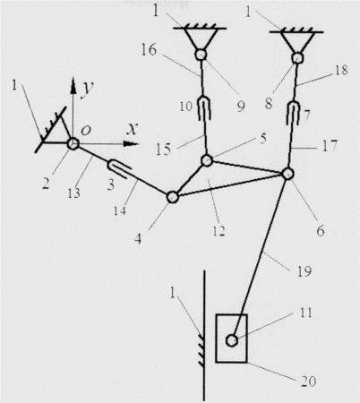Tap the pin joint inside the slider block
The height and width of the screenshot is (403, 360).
point(232,340)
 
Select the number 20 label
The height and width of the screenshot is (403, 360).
point(308,382)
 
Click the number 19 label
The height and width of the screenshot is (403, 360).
point(304,271)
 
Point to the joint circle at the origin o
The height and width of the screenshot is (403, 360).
point(73,144)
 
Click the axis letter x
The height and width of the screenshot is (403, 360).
point(132,129)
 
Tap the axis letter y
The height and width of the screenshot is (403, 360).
point(88,88)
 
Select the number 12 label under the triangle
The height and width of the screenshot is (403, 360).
point(219,231)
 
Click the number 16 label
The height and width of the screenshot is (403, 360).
point(149,50)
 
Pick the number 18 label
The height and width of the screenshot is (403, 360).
point(341,70)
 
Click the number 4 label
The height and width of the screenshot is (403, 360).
point(138,239)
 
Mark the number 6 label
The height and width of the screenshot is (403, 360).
point(321,231)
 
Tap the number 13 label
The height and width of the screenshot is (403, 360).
point(73,193)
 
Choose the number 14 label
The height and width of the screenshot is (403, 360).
point(120,211)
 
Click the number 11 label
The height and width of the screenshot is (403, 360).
point(305,313)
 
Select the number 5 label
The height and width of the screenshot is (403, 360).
point(263,139)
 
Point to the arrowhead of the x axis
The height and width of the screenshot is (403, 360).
point(131,144)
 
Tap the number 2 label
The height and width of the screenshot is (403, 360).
point(46,184)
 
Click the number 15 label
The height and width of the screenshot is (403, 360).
point(164,150)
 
